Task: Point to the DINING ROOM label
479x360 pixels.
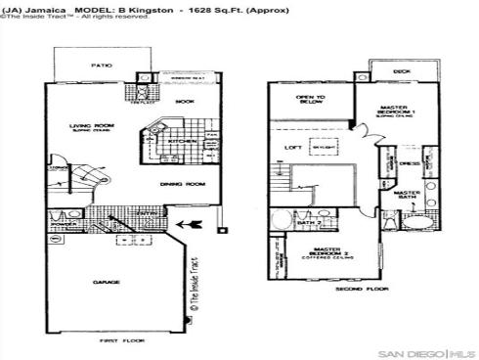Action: click(x=182, y=184)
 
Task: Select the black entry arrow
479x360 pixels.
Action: click(x=194, y=226)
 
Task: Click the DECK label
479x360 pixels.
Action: click(x=402, y=71)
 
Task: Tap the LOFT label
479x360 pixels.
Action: click(x=291, y=148)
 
